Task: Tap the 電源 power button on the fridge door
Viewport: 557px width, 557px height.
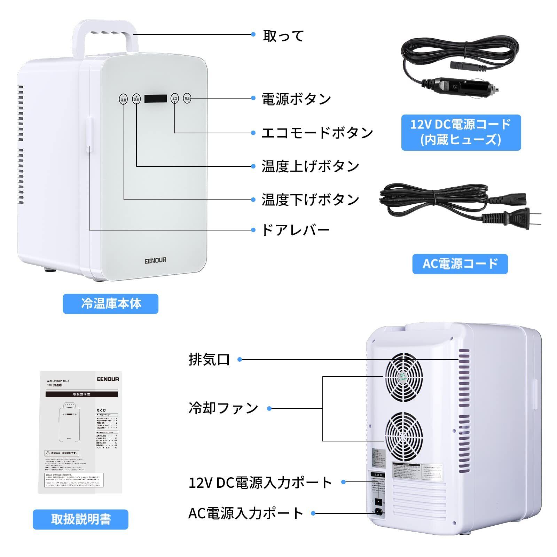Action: point(187,99)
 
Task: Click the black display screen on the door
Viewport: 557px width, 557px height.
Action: point(156,99)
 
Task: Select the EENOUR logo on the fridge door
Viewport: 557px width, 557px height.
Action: point(155,260)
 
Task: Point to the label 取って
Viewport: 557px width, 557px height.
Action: point(283,36)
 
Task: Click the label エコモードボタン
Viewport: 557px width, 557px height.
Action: point(317,133)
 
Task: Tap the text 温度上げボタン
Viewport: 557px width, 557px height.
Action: point(310,166)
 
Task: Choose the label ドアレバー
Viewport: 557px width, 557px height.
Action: point(295,230)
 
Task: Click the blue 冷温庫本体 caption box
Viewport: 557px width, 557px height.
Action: point(111,304)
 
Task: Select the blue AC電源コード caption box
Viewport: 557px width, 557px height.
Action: point(460,264)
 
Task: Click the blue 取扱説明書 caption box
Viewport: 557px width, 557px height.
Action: point(80,519)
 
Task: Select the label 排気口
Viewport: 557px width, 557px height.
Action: point(209,360)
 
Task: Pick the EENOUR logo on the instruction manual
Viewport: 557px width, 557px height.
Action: point(108,379)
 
